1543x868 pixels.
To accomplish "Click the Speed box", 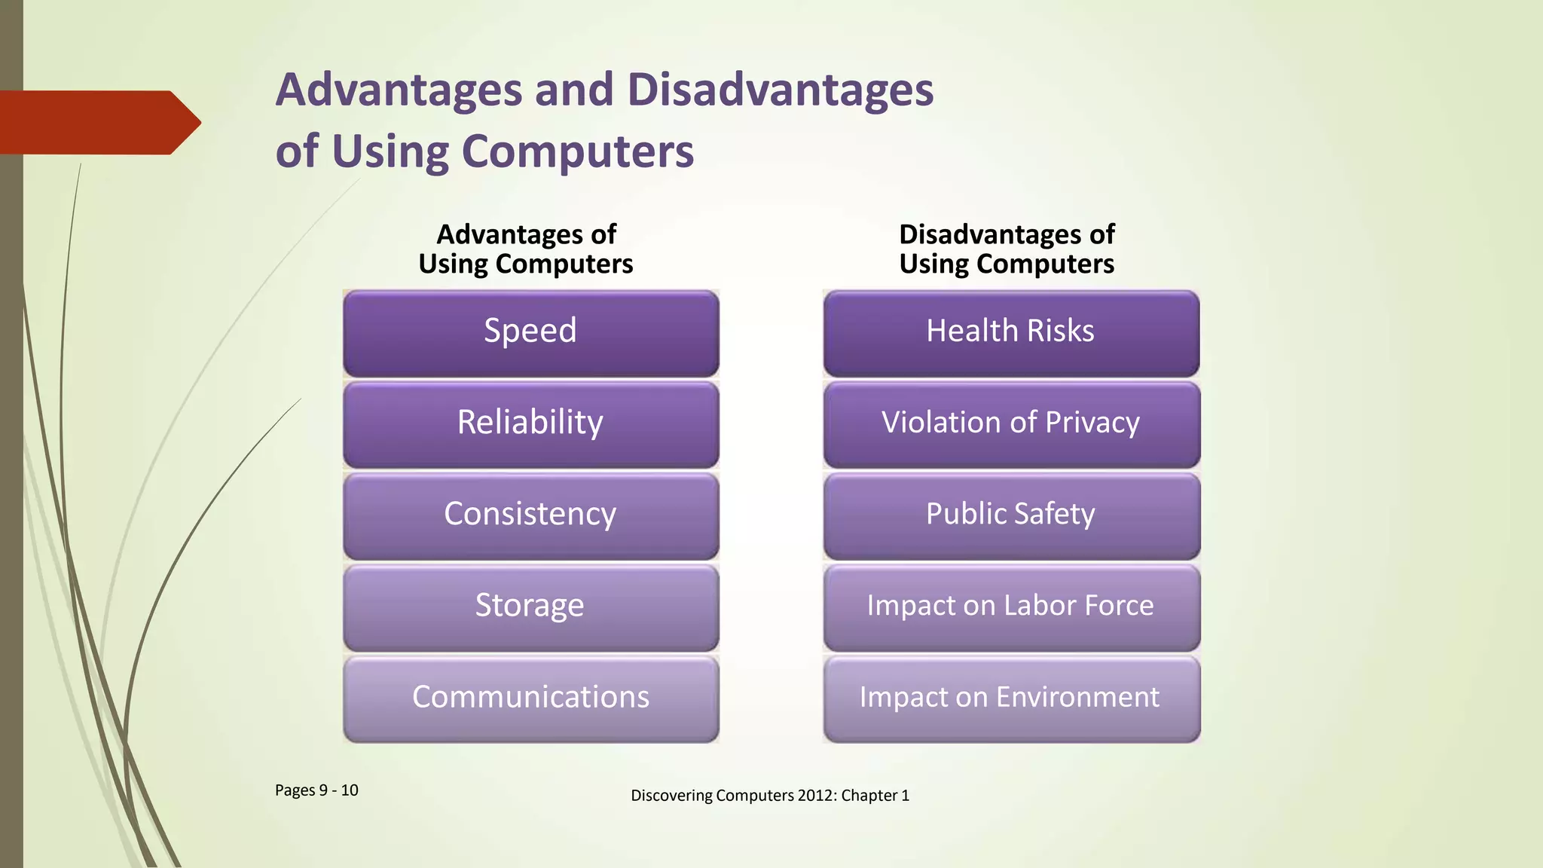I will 530,332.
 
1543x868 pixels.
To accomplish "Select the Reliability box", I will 530,423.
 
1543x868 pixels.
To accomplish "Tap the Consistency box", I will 530,515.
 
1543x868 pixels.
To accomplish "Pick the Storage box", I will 530,607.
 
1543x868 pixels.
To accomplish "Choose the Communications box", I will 530,698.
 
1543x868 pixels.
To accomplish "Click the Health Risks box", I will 1010,332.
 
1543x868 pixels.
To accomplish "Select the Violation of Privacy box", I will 1010,423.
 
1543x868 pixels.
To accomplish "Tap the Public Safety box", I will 1010,515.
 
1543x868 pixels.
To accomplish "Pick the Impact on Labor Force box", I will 1010,607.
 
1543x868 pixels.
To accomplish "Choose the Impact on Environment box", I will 1010,698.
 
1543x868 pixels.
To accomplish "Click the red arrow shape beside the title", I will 98,122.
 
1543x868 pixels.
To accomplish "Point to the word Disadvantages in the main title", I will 780,90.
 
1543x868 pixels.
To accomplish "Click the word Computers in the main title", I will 577,152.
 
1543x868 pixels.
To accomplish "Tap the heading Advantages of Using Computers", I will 526,249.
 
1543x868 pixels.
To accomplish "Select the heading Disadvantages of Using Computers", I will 1007,249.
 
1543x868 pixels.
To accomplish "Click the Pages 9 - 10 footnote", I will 316,790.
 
